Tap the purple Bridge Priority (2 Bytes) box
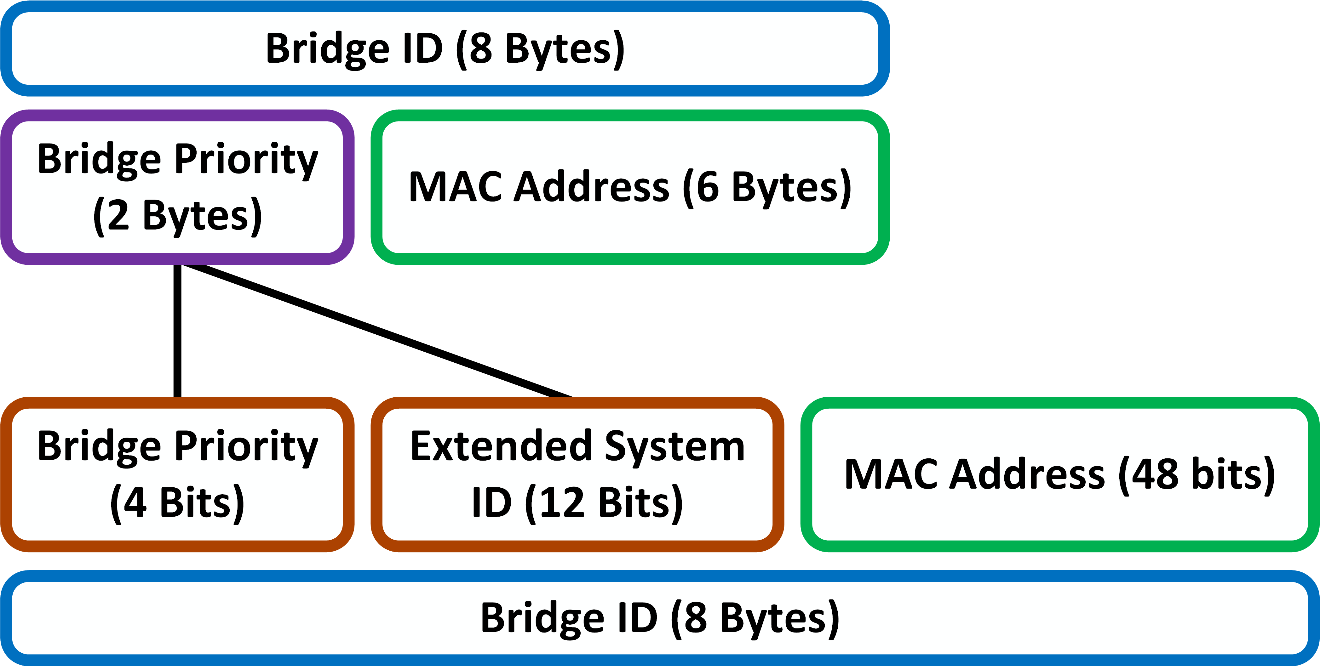pyautogui.click(x=177, y=187)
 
